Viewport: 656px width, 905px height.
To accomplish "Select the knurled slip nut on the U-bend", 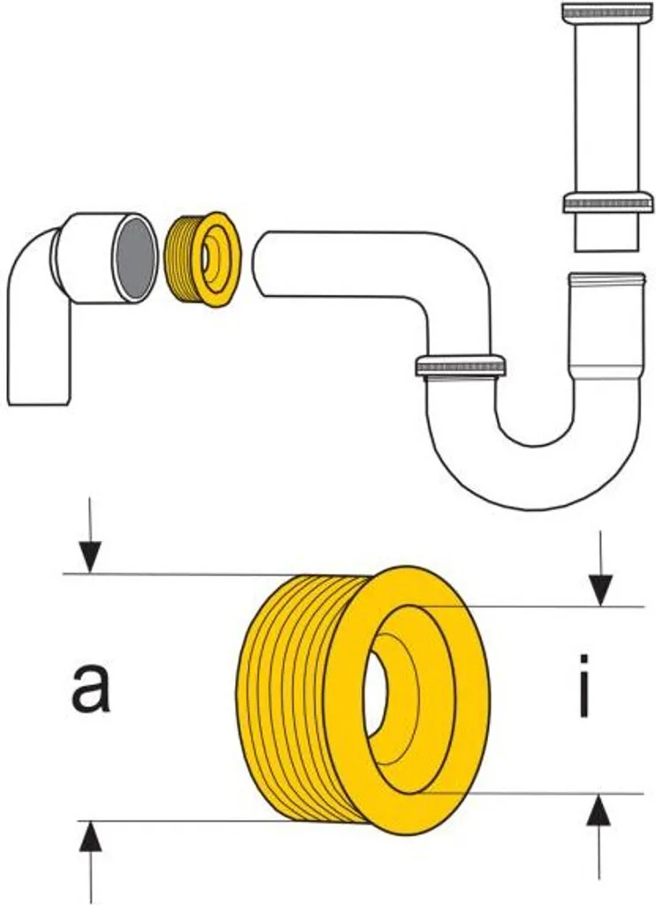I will tap(460, 365).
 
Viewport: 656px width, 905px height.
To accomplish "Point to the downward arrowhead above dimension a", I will tap(88, 558).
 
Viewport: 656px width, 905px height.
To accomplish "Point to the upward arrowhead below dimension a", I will tap(89, 834).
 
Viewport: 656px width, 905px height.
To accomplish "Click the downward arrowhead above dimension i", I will tap(601, 587).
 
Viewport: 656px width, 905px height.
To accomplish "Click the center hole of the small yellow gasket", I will tap(205, 257).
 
